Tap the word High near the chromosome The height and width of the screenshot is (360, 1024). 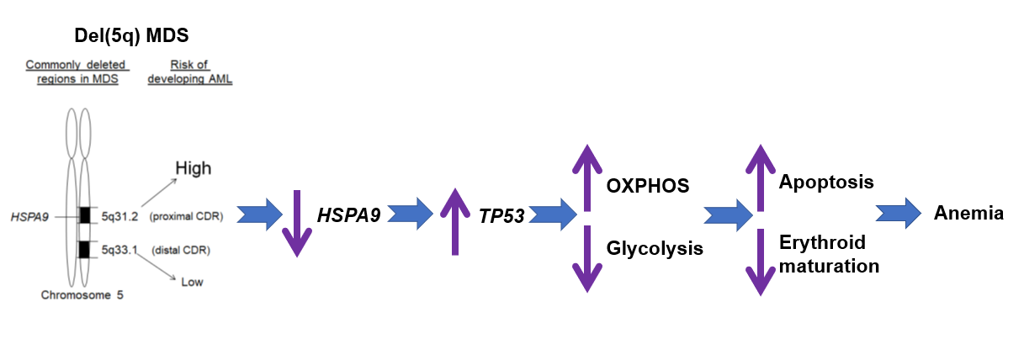coord(193,168)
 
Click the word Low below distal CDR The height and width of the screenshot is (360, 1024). coord(192,282)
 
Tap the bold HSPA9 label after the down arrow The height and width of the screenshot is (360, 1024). coord(348,215)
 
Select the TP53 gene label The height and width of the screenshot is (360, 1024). coord(501,216)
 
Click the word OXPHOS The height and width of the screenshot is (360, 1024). coord(648,186)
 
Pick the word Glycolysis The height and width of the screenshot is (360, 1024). coord(655,248)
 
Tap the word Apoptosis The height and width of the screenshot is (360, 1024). coord(826,182)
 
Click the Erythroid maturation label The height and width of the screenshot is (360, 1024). coord(829,255)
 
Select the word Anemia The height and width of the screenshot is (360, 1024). coord(968,214)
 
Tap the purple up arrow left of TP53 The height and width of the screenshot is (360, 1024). coord(455,220)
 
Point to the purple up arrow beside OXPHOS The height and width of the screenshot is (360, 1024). coord(587,177)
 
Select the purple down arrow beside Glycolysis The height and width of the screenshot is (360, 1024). coord(587,257)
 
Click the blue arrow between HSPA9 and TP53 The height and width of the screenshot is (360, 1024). coord(410,214)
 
